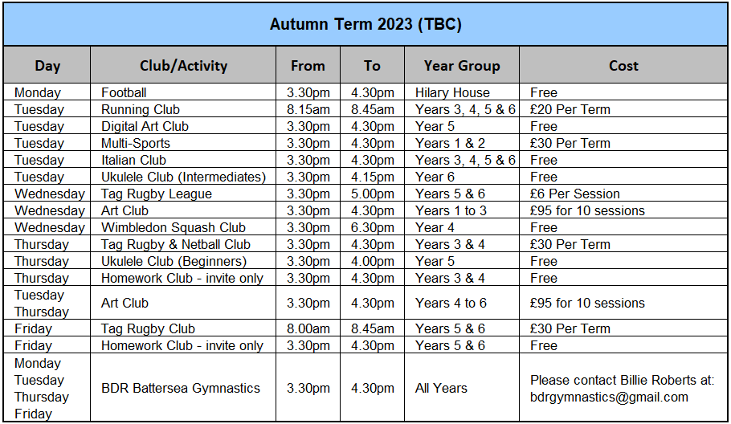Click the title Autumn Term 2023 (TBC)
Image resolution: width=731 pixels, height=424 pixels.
point(365,24)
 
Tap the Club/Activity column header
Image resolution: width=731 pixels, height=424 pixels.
point(183,66)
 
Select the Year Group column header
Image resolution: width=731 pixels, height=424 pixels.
point(462,66)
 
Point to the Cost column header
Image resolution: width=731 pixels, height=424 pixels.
point(623,66)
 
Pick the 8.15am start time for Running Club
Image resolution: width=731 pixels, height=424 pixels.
point(308,109)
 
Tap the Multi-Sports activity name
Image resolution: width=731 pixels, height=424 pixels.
point(135,143)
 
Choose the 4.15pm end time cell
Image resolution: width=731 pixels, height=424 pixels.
point(373,177)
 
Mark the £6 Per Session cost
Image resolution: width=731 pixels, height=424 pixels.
point(575,194)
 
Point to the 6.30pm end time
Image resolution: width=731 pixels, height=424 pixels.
point(373,227)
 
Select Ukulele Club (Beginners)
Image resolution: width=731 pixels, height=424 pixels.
point(174,261)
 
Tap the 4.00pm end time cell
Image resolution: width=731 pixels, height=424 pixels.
point(373,261)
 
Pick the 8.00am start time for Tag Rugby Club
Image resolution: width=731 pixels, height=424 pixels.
point(308,328)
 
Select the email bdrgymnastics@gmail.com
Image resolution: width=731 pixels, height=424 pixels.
point(609,397)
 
